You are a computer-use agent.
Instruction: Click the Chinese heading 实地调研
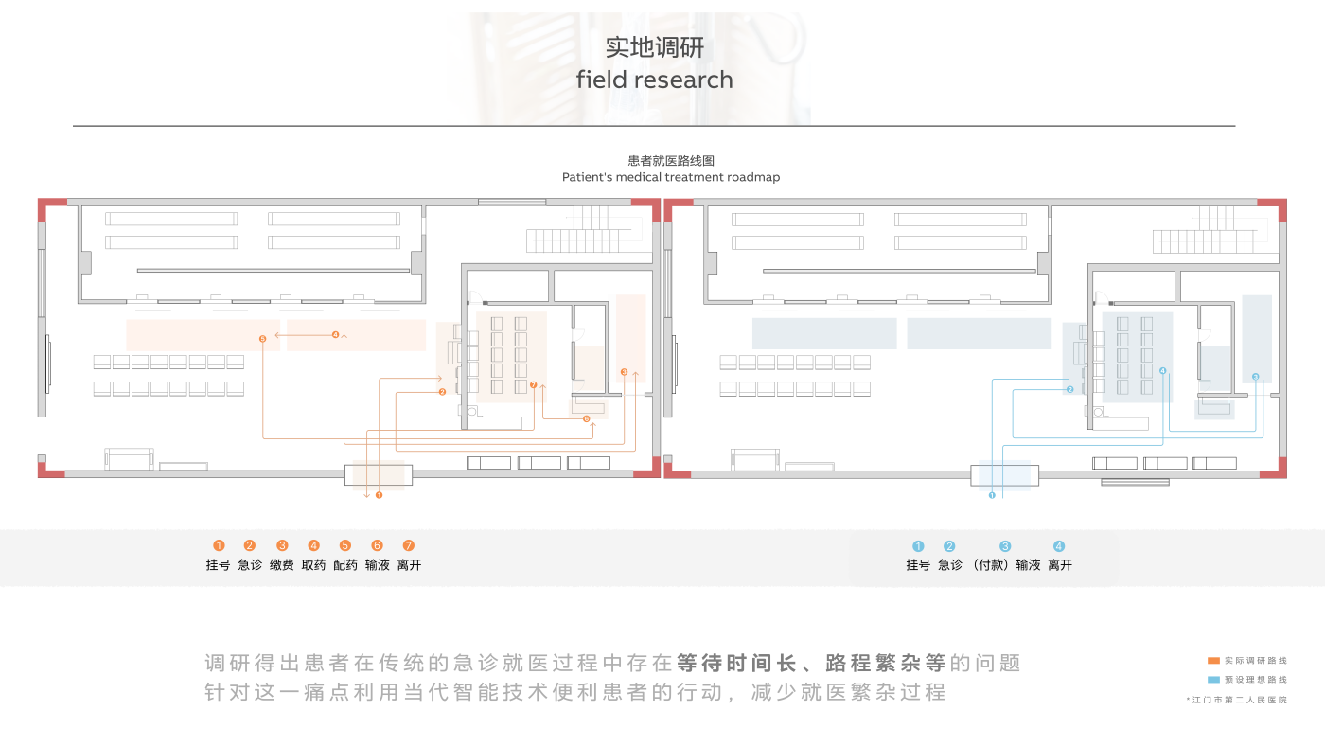655,47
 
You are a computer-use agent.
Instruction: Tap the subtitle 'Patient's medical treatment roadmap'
670,177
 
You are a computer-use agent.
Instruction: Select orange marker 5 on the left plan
262,338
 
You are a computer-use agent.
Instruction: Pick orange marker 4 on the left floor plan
335,334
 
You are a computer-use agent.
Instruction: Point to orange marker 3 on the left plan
624,372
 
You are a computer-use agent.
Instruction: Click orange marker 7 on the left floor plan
534,385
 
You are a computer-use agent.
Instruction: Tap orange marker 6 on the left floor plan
586,418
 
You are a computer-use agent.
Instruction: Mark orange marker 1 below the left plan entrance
380,494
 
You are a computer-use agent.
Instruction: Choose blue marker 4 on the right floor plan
1162,370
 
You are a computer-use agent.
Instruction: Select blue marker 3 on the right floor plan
1255,377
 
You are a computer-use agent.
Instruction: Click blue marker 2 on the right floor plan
1069,389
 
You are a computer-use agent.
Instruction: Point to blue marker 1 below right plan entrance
992,494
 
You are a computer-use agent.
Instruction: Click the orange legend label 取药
313,565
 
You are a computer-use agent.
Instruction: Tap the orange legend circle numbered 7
409,545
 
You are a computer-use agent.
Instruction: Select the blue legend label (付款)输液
1007,565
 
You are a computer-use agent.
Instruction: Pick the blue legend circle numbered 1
917,546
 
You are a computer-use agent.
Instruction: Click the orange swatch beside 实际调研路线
1213,660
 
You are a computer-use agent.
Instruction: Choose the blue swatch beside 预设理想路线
1213,680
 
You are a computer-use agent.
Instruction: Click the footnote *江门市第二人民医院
1236,700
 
